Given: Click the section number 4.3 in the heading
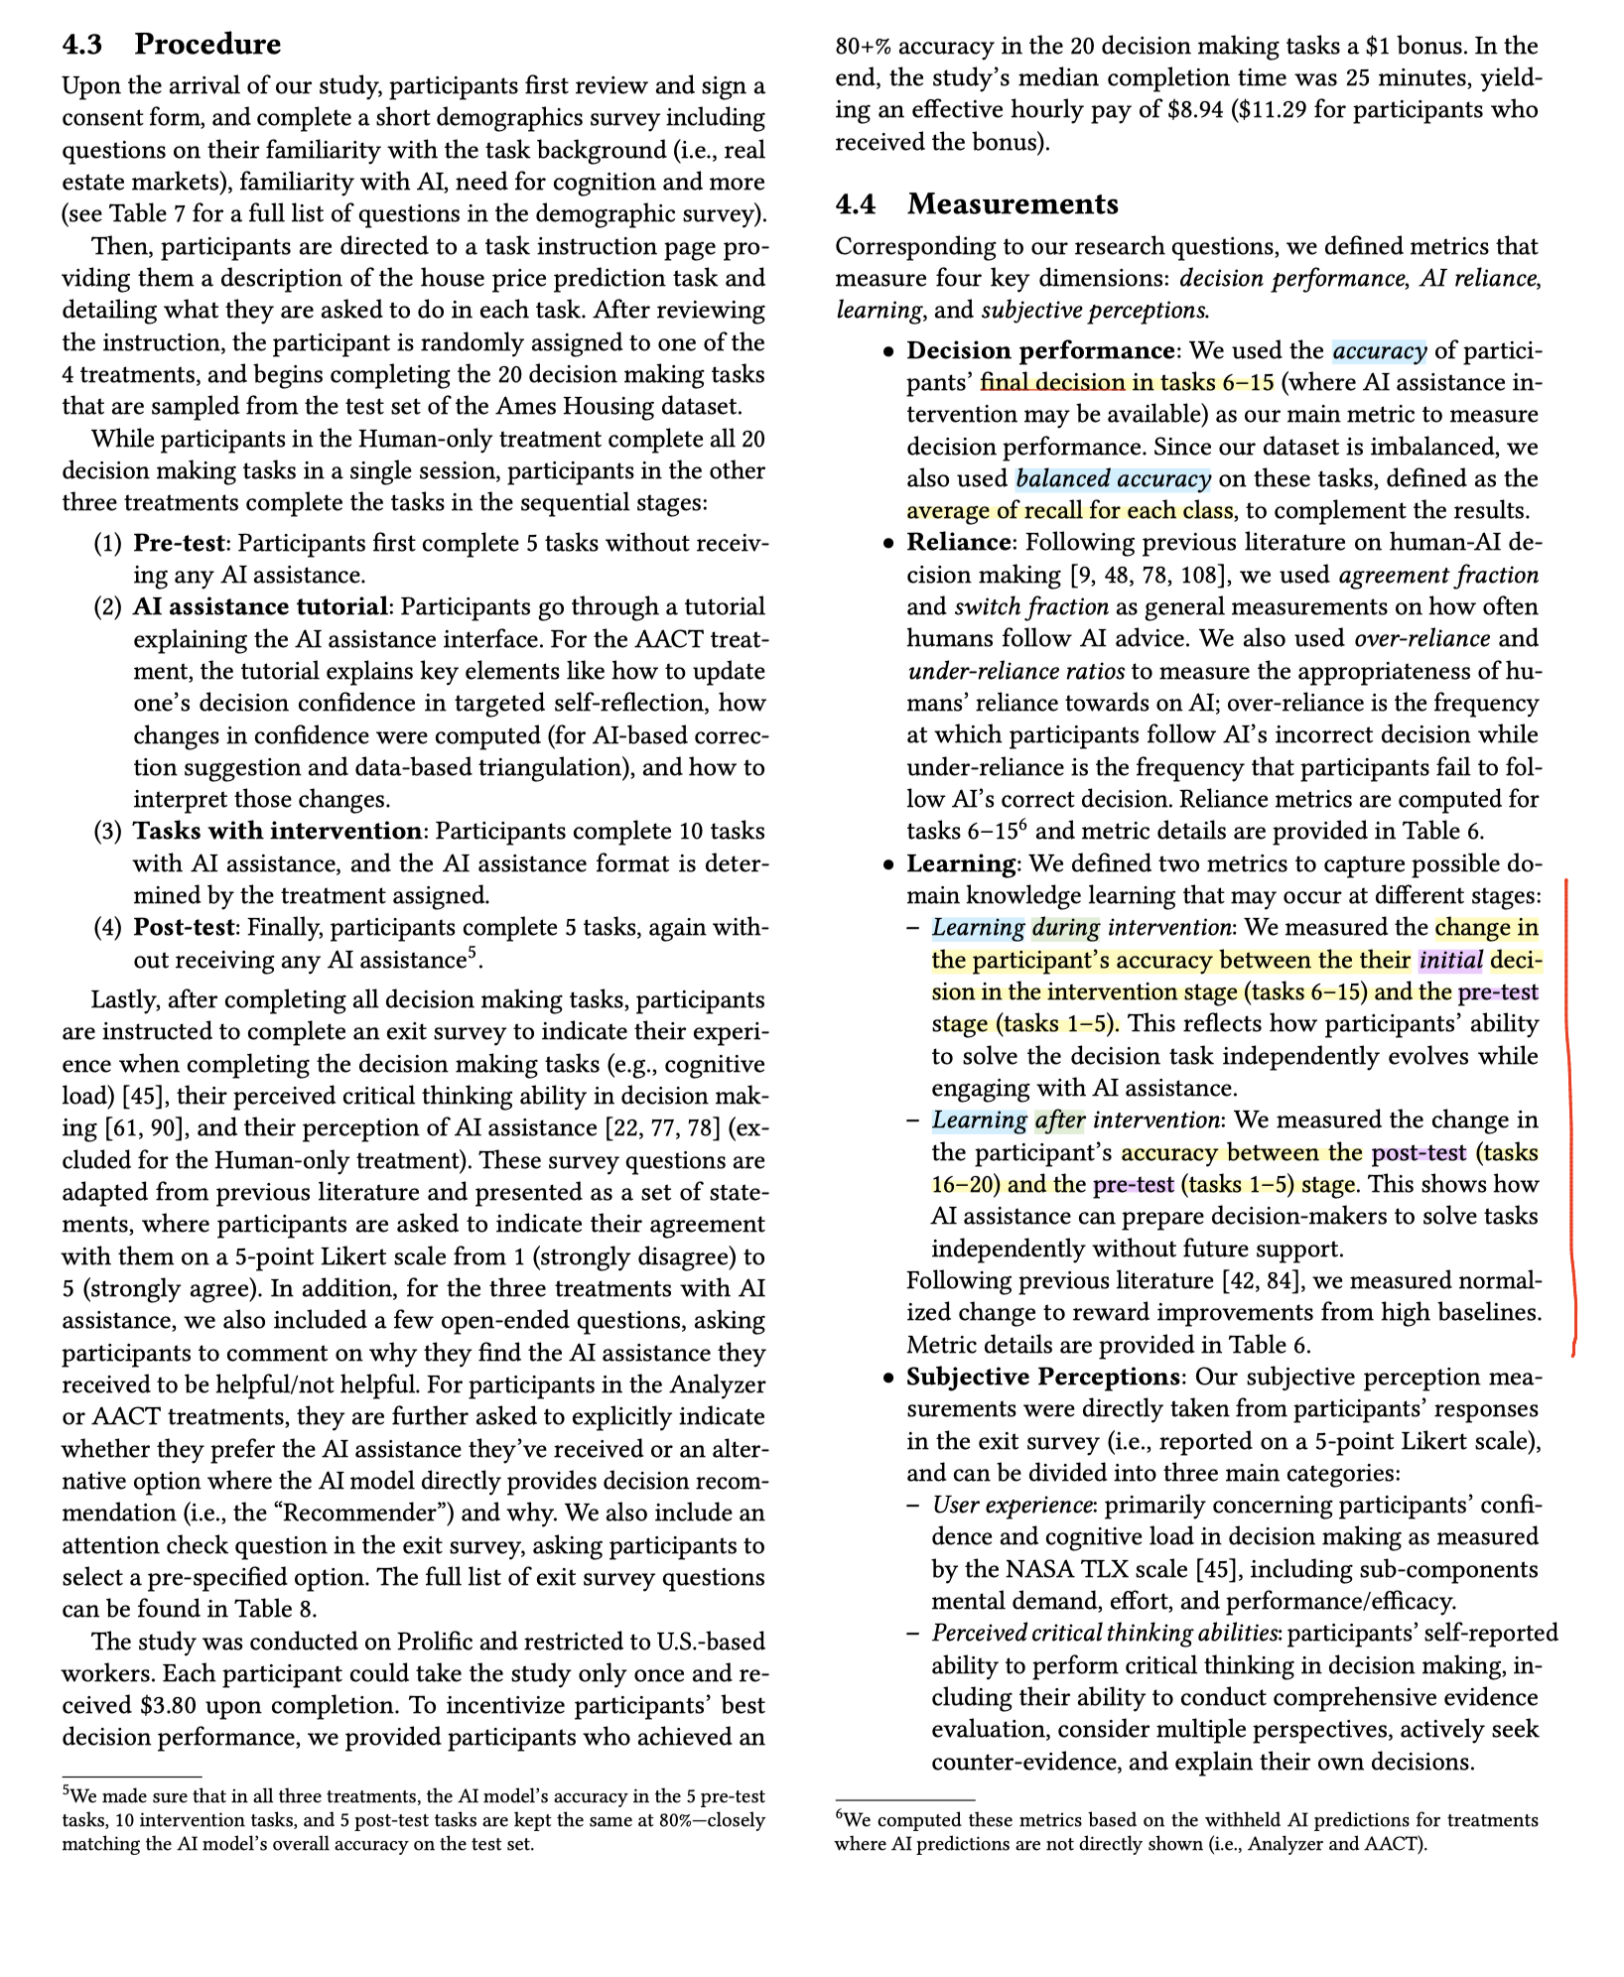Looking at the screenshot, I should point(81,45).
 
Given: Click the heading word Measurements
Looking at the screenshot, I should point(1013,204).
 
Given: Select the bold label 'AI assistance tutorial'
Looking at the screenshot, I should point(260,606).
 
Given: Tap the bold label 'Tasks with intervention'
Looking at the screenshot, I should point(278,831).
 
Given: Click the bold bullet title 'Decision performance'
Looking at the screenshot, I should point(1040,350).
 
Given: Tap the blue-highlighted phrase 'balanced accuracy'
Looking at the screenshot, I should point(1113,478).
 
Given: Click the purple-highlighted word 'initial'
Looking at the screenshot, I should point(1450,960).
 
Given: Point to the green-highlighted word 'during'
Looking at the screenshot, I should point(1066,927).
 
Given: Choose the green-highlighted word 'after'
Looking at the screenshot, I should point(1060,1120).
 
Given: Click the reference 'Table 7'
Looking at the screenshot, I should point(137,214).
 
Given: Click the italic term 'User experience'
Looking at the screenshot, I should point(1012,1505).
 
